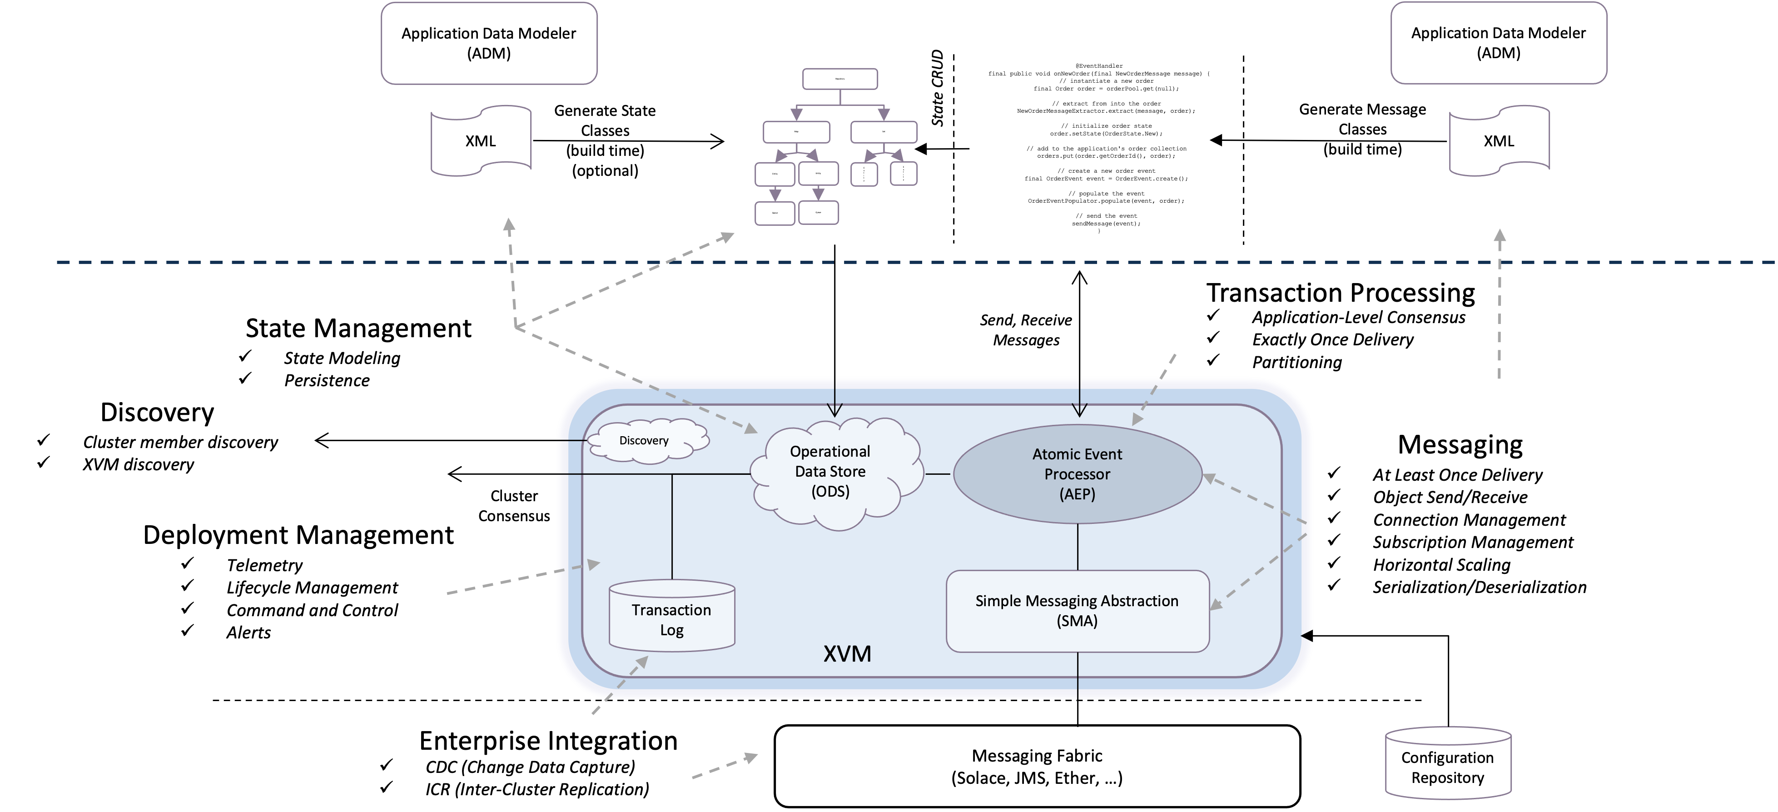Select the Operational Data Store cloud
[x=830, y=472]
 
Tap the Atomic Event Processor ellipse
[x=1077, y=473]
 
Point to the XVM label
[x=847, y=653]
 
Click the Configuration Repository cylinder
[x=1447, y=767]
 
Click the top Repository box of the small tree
[x=839, y=79]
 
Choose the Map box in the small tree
[x=796, y=131]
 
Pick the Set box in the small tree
[x=884, y=131]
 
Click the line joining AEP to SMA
[x=1078, y=547]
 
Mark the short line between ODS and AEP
[x=937, y=474]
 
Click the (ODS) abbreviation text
[x=830, y=492]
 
